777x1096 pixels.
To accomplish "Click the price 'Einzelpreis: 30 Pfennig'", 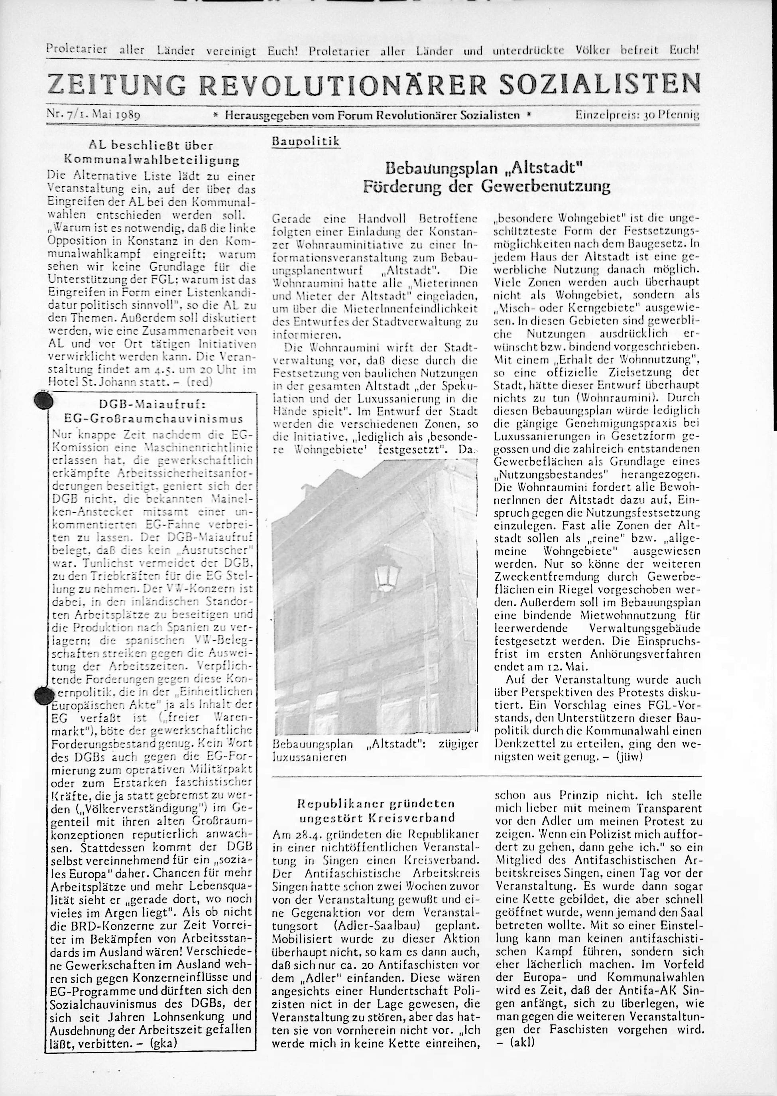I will [x=638, y=115].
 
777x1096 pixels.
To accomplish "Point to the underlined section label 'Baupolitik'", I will [x=306, y=142].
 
